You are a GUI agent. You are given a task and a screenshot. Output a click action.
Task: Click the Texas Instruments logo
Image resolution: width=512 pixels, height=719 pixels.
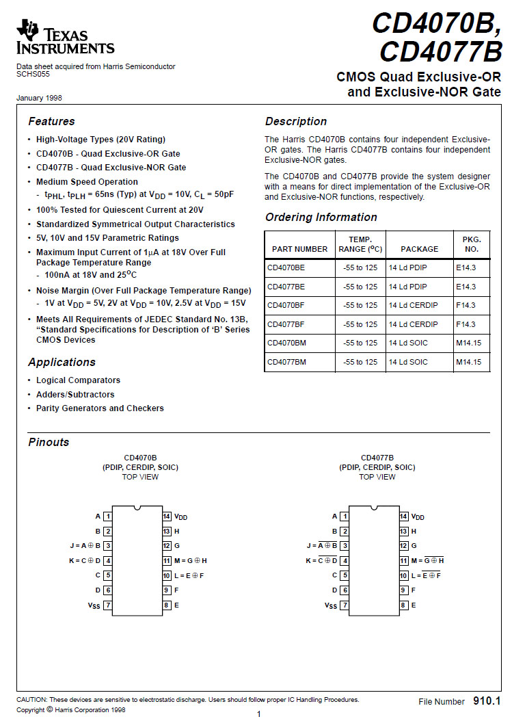[x=66, y=38]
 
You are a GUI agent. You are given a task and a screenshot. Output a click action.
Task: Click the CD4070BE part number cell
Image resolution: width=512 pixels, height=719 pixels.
[x=286, y=267]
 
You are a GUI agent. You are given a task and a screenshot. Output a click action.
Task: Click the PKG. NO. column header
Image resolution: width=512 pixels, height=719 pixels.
[x=472, y=244]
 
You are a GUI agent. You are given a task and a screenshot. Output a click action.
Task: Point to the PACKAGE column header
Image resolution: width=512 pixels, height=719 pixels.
[x=419, y=249]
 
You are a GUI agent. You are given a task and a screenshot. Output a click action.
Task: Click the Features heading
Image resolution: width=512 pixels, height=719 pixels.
[x=51, y=122]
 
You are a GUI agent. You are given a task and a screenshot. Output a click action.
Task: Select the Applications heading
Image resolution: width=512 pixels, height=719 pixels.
[x=62, y=363]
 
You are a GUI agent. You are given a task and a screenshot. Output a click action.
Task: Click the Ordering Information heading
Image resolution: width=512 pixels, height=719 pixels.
[x=321, y=218]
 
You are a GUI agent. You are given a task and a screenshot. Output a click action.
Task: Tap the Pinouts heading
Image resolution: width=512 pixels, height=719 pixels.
[x=49, y=443]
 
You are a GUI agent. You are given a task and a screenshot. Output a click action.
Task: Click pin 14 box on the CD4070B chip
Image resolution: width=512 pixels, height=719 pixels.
[x=167, y=517]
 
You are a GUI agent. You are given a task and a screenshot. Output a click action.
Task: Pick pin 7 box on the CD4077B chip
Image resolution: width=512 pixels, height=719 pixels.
[x=345, y=605]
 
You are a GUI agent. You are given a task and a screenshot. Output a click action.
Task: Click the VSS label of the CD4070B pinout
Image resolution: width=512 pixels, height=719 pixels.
[x=94, y=605]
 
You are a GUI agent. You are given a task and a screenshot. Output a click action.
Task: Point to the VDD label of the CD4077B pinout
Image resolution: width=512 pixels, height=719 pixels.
[x=418, y=517]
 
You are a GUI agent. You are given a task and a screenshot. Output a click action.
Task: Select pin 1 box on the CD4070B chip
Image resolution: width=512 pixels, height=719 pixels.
[x=108, y=517]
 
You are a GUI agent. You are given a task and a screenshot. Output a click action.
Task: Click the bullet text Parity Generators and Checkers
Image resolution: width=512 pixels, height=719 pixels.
[x=100, y=408]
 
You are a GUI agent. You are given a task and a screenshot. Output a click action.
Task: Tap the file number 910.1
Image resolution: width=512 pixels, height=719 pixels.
[x=487, y=702]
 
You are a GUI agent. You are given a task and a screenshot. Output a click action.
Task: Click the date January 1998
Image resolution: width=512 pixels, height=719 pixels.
[x=39, y=99]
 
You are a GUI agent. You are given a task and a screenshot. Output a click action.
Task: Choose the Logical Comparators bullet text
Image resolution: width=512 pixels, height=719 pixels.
[x=78, y=380]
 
